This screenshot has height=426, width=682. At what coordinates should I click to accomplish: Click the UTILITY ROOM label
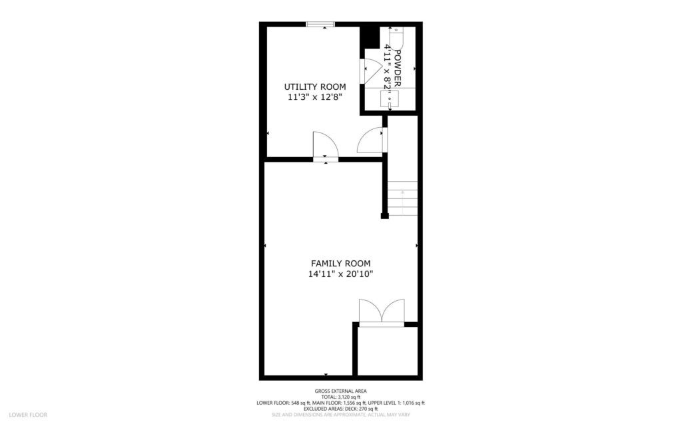[x=315, y=87]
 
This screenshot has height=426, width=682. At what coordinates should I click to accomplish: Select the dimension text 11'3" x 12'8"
[x=315, y=97]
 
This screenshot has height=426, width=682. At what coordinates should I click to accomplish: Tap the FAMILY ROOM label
[x=340, y=263]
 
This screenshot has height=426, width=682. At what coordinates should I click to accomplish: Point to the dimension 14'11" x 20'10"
[x=340, y=274]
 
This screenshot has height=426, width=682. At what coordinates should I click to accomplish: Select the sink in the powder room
[x=388, y=100]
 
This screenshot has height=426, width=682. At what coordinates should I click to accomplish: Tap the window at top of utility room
[x=320, y=25]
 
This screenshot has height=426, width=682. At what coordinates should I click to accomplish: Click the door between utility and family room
[x=326, y=146]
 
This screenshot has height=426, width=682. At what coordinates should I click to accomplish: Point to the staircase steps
[x=402, y=198]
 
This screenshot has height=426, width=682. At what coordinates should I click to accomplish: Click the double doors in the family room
[x=381, y=313]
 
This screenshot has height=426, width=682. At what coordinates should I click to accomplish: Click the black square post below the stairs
[x=384, y=216]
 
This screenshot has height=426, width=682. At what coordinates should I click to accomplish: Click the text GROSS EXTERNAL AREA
[x=340, y=391]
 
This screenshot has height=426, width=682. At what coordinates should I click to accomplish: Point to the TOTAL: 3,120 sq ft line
[x=340, y=397]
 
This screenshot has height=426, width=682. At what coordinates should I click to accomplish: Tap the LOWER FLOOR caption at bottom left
[x=29, y=415]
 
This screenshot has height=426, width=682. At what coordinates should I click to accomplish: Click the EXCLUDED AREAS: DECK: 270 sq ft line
[x=340, y=409]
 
